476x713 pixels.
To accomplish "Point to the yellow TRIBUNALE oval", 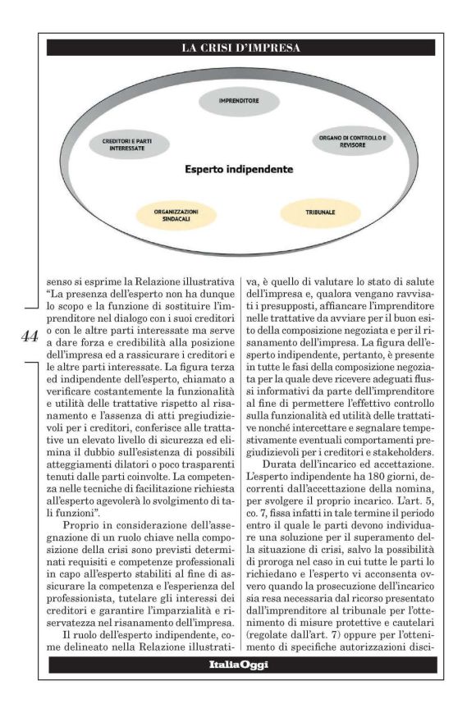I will [320, 213].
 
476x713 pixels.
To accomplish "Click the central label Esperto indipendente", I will [239, 170].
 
